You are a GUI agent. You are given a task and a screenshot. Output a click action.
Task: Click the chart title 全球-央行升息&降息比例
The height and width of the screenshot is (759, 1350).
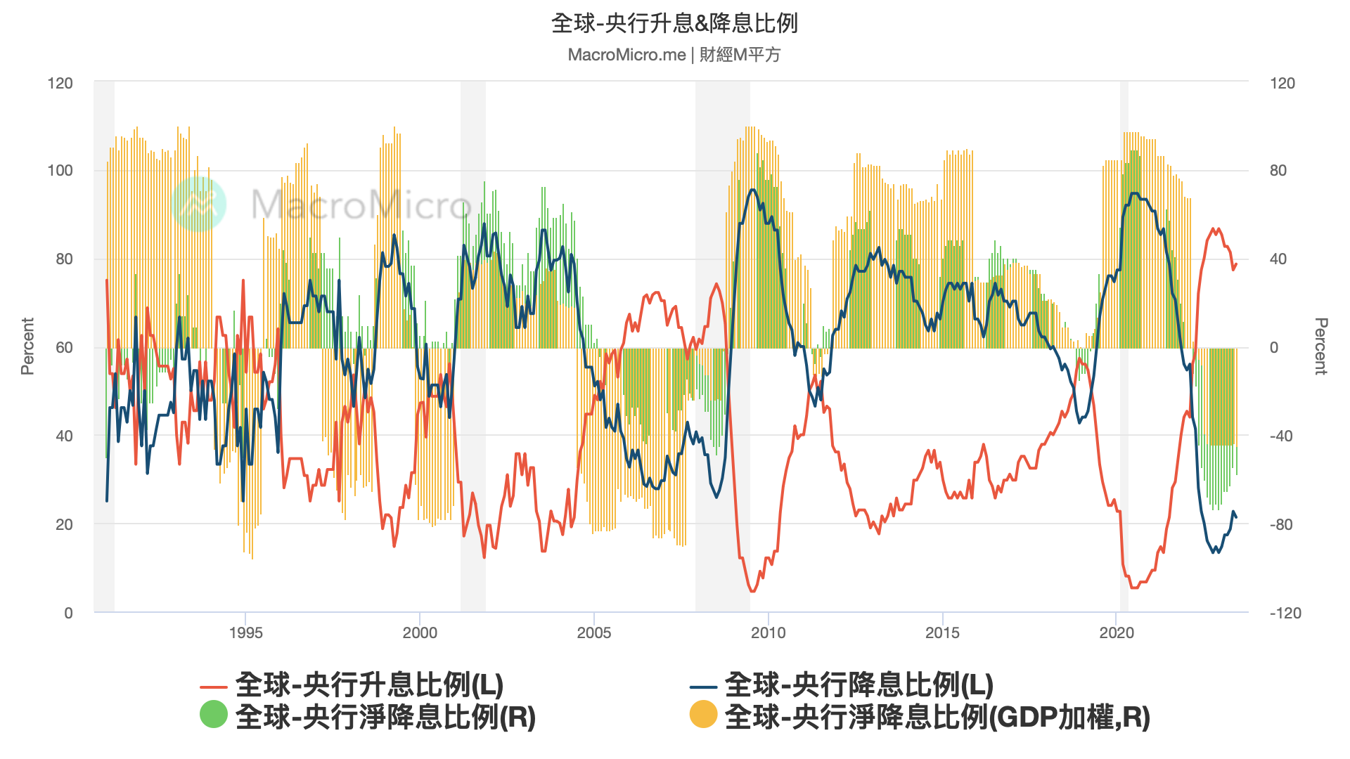(x=674, y=23)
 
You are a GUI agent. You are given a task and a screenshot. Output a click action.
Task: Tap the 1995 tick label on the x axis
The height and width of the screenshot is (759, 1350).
(x=245, y=632)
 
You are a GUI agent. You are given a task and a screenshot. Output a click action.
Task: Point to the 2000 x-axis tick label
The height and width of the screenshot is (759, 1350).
(x=420, y=632)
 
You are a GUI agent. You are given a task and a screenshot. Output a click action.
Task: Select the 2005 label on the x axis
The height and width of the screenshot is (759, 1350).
(x=594, y=632)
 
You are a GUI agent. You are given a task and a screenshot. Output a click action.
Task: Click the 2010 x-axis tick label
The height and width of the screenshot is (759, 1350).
(x=768, y=632)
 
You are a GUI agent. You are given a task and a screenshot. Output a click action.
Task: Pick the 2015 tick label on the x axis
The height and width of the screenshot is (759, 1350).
(x=942, y=632)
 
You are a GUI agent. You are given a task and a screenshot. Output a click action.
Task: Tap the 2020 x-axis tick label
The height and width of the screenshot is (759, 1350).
(x=1117, y=632)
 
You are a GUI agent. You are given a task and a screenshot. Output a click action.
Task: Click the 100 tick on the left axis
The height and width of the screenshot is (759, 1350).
(x=60, y=171)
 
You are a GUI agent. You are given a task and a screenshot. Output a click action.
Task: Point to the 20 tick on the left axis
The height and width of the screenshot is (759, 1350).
(x=64, y=524)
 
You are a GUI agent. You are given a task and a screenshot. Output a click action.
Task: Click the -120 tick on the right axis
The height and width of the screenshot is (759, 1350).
(x=1285, y=613)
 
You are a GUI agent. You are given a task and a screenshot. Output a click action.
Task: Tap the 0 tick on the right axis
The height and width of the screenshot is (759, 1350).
(x=1273, y=347)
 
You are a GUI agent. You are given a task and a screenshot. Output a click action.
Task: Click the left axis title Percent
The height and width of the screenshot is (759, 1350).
(x=27, y=346)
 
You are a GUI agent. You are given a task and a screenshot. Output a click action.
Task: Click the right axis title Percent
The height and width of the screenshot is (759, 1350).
(x=1321, y=346)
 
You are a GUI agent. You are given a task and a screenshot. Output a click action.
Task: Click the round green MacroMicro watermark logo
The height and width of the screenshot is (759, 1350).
(x=199, y=204)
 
